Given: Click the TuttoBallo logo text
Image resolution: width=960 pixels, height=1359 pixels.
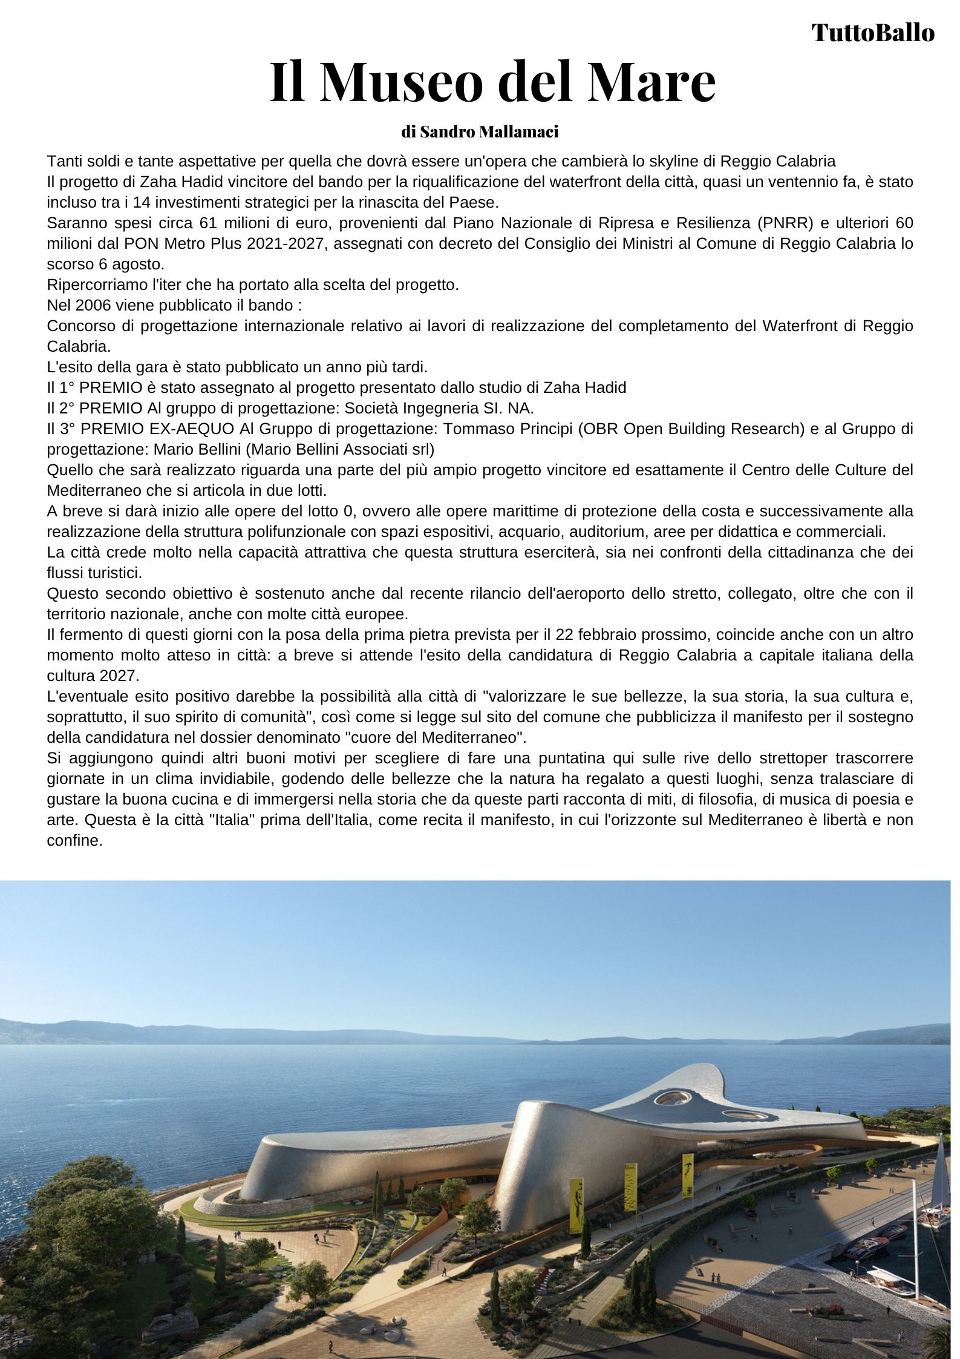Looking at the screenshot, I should (872, 33).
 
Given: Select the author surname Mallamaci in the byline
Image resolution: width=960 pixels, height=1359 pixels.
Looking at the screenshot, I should (518, 132).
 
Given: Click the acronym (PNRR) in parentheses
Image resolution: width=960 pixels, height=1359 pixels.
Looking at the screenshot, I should (783, 223).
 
